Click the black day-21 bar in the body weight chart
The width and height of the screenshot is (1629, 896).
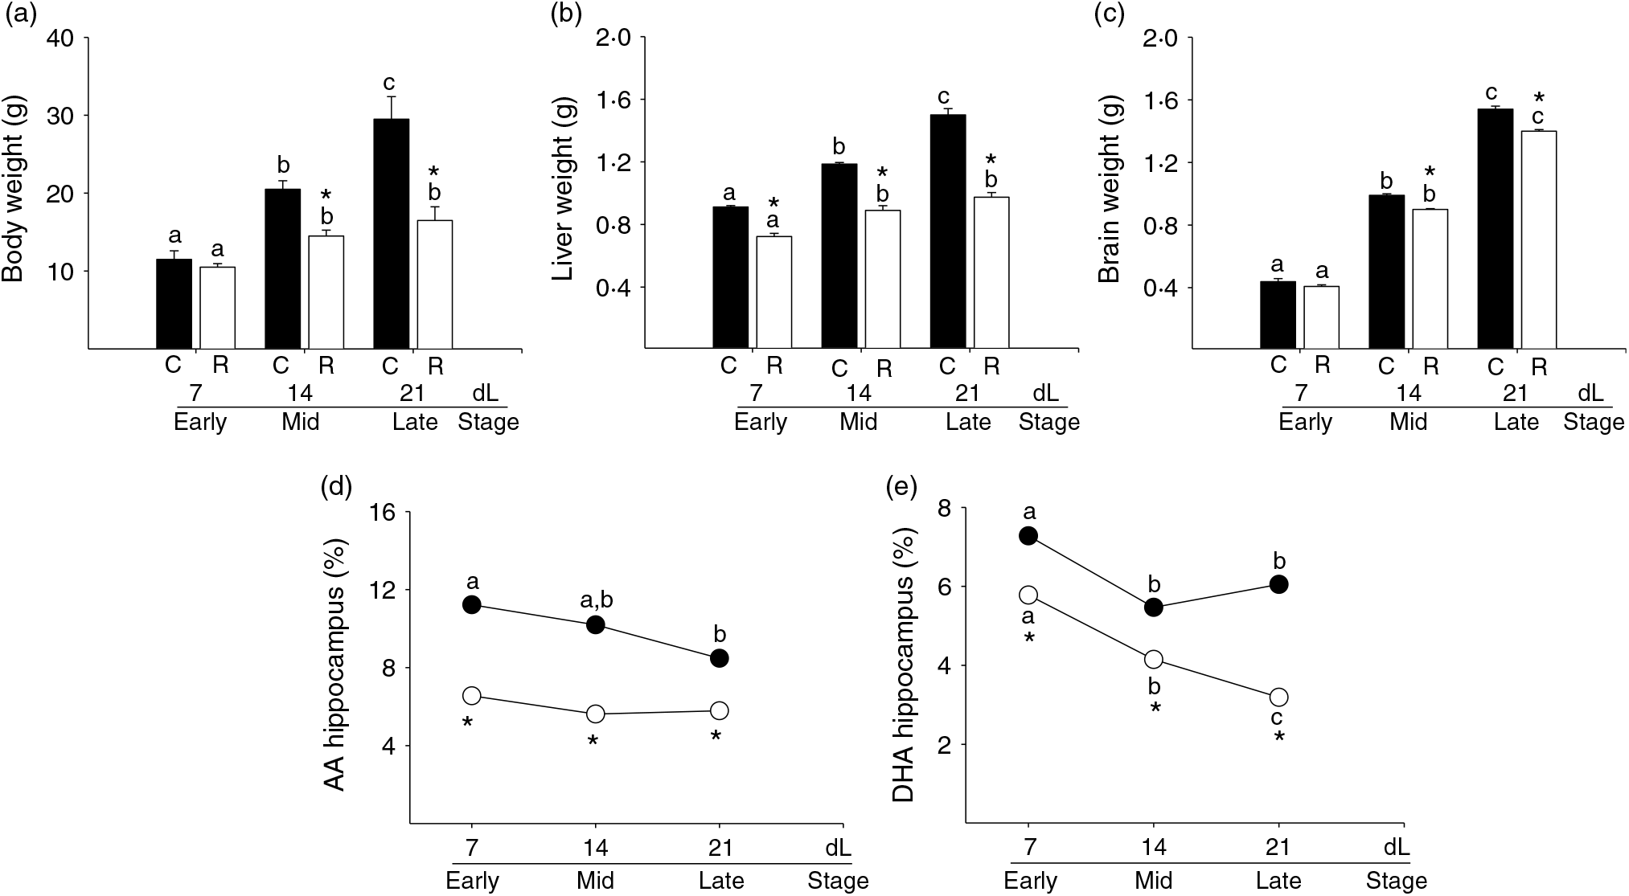[391, 233]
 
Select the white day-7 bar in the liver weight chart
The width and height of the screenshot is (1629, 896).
[773, 292]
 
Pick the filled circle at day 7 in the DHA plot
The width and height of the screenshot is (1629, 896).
[1028, 536]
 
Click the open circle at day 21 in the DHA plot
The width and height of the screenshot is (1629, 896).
[1278, 697]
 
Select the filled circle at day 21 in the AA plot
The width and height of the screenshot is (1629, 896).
[719, 658]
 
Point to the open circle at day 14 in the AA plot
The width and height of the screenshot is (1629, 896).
[595, 714]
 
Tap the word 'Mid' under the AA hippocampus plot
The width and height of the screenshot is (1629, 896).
[595, 881]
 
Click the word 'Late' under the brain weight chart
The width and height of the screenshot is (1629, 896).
[1516, 423]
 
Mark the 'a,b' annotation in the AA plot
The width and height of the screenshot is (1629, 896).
[597, 600]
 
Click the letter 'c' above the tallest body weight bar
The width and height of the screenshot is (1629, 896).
[389, 83]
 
